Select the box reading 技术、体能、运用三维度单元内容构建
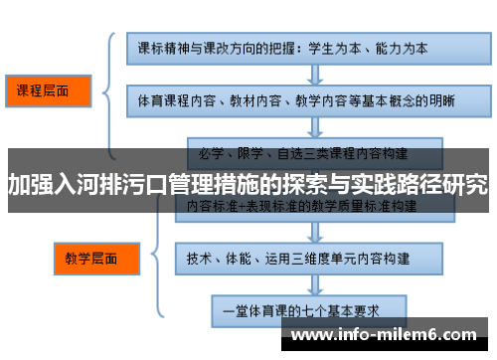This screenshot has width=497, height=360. click(x=297, y=259)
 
